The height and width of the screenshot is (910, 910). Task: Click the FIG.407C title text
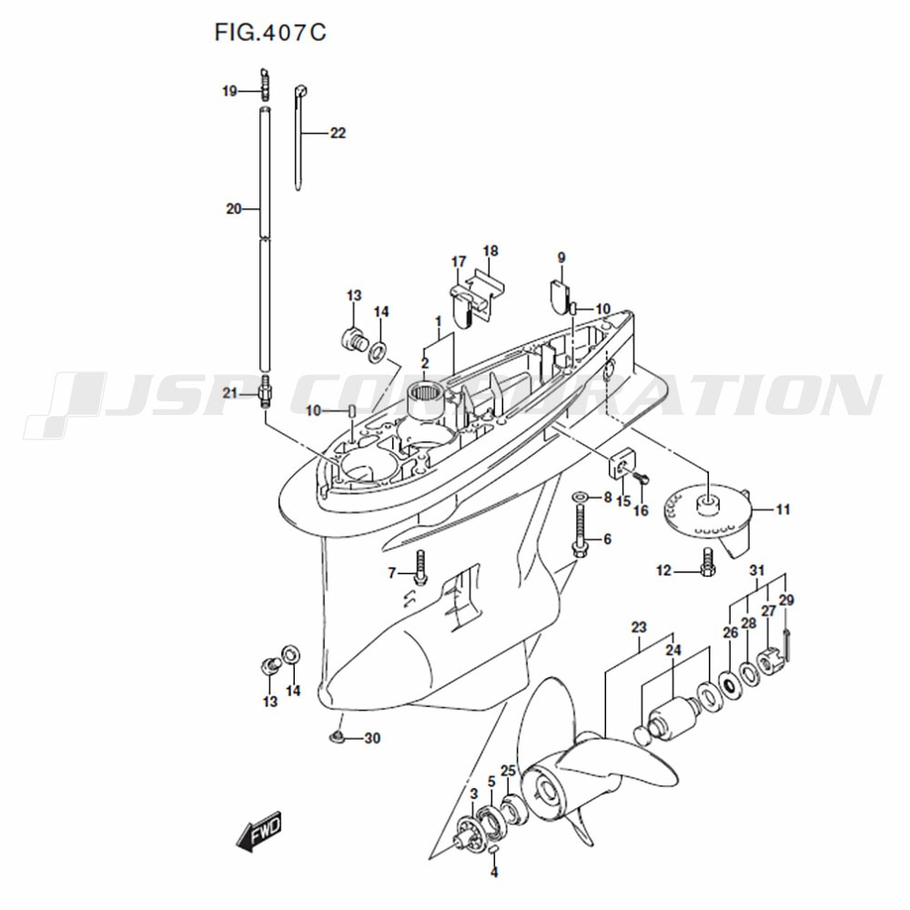click(x=270, y=33)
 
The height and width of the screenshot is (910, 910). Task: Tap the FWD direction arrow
click(x=258, y=831)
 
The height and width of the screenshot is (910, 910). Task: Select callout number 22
click(x=338, y=133)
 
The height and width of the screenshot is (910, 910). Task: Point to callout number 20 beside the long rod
click(x=233, y=208)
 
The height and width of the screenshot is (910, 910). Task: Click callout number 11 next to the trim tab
click(x=783, y=510)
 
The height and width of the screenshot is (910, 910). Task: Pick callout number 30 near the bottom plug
click(x=372, y=738)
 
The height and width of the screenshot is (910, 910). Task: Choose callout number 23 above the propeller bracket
click(x=639, y=627)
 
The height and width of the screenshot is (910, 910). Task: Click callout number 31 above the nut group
click(x=757, y=571)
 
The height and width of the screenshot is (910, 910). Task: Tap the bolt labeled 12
click(x=708, y=561)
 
